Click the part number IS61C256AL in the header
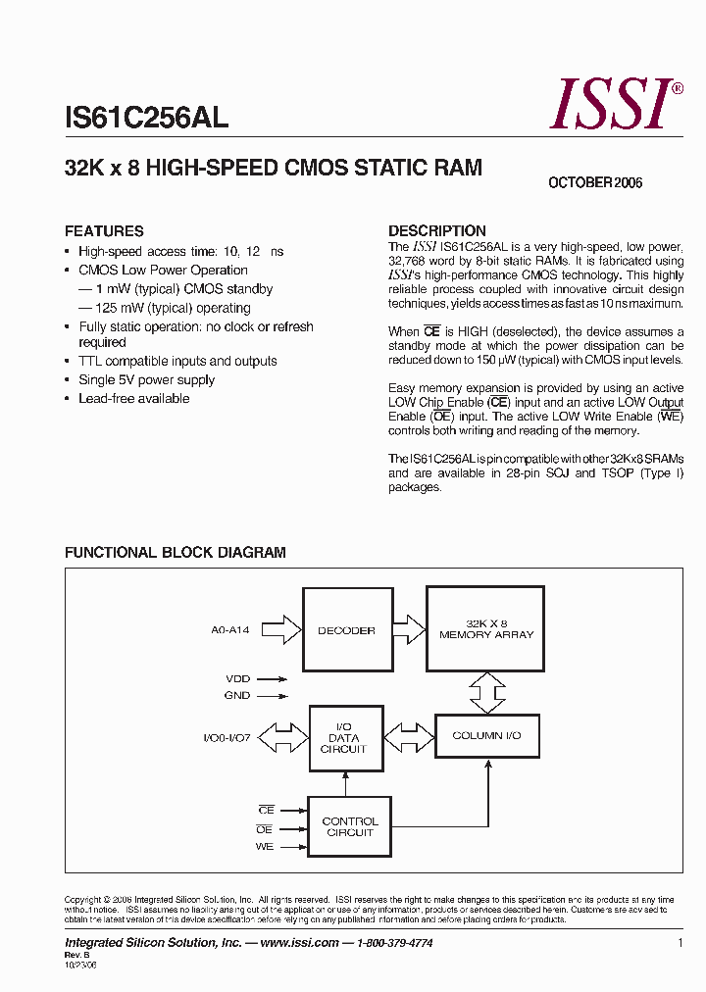coord(147,119)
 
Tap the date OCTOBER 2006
coord(595,183)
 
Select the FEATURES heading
coord(104,231)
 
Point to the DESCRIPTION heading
coord(437,231)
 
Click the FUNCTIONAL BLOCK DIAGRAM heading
coord(176,553)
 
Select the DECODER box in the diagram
coord(346,630)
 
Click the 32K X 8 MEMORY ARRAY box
coord(485,629)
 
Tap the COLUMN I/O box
coord(486,735)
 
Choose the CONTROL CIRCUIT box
coord(349,827)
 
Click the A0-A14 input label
coord(230,630)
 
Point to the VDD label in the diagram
coord(238,677)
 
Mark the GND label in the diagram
coord(237,695)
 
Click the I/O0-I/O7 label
coord(227,737)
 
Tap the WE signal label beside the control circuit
coord(265,847)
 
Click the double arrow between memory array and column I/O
coord(485,692)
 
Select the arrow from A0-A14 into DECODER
coord(281,629)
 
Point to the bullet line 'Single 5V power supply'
coord(146,380)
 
